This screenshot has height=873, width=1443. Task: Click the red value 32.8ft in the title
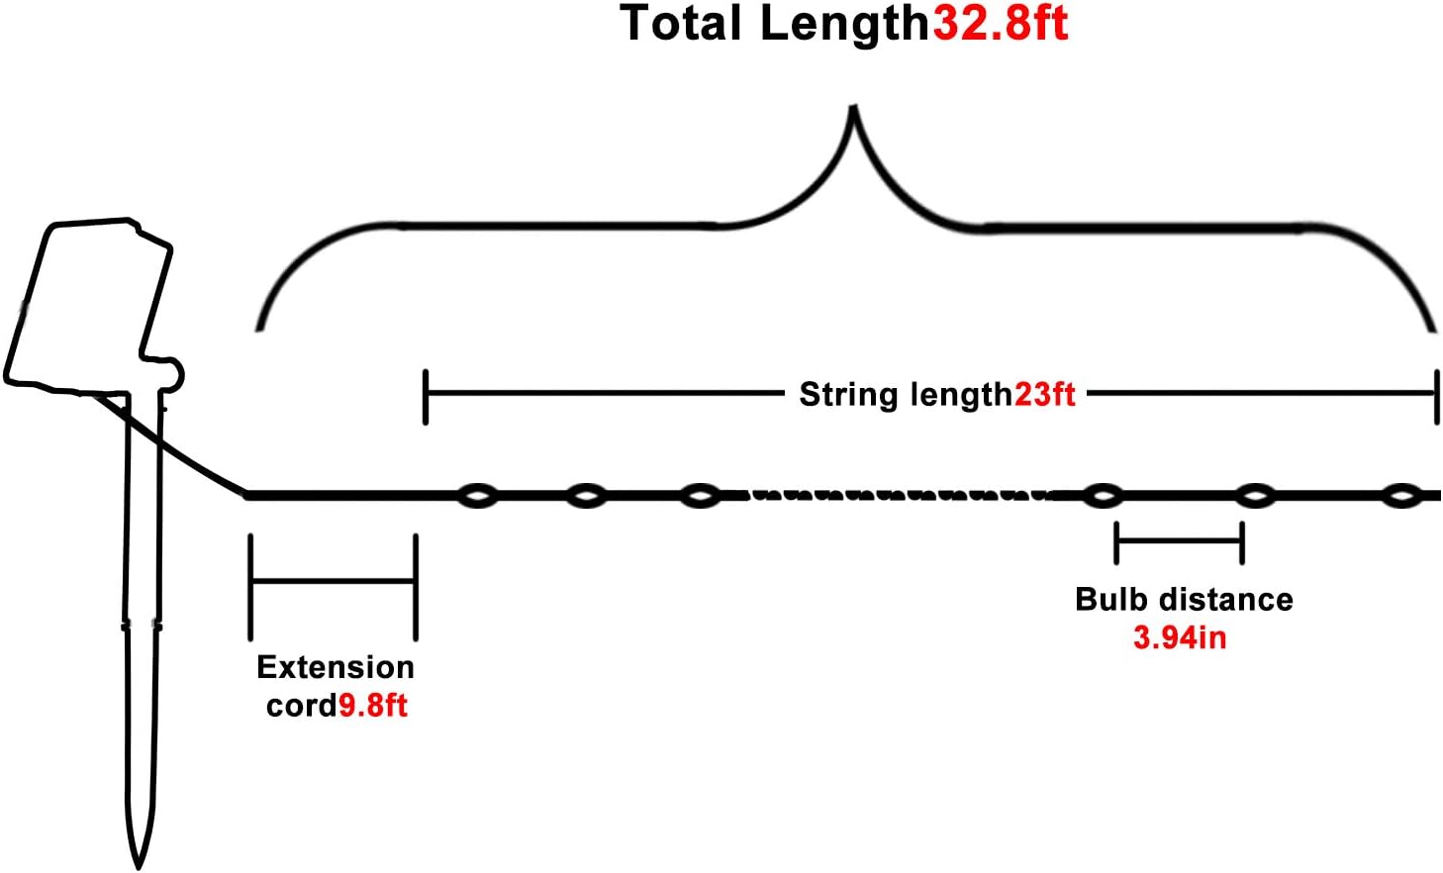tap(1001, 24)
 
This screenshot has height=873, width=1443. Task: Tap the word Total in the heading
tap(681, 24)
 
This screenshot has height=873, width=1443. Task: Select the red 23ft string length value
tap(1045, 394)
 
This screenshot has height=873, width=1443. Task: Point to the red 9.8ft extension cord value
tap(373, 706)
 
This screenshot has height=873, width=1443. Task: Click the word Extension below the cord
tap(336, 667)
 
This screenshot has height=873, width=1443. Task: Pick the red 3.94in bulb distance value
tap(1180, 637)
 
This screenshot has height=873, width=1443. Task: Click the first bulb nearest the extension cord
tap(477, 496)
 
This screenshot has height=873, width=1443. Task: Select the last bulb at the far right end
tap(1401, 496)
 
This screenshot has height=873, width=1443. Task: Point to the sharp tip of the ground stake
tap(139, 867)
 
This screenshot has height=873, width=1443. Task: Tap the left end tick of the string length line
tap(426, 397)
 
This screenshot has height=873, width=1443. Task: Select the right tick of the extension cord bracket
tap(416, 587)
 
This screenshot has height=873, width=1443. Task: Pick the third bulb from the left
tap(701, 496)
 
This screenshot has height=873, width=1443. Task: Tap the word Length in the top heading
tap(844, 24)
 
